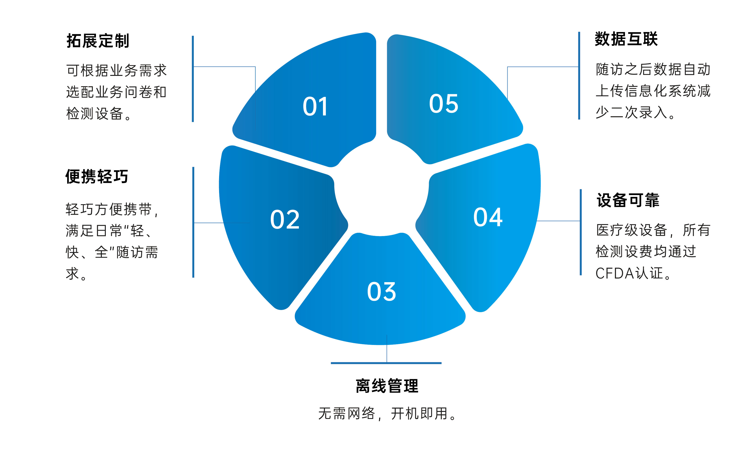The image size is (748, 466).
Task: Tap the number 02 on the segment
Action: [x=285, y=220]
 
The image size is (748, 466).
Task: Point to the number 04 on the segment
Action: [x=488, y=217]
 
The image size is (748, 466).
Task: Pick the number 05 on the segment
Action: [x=444, y=104]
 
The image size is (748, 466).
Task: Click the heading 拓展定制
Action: [x=98, y=41]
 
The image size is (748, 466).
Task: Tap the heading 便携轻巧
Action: [x=97, y=177]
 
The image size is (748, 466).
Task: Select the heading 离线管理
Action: [x=387, y=386]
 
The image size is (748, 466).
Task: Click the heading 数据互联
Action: [x=626, y=39]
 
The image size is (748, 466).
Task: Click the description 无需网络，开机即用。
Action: [x=387, y=414]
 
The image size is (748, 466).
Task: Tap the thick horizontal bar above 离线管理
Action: [x=386, y=363]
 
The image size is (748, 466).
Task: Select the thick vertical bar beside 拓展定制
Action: [x=193, y=79]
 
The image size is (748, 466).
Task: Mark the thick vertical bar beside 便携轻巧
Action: [x=193, y=222]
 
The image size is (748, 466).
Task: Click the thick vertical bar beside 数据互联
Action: [x=579, y=75]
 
